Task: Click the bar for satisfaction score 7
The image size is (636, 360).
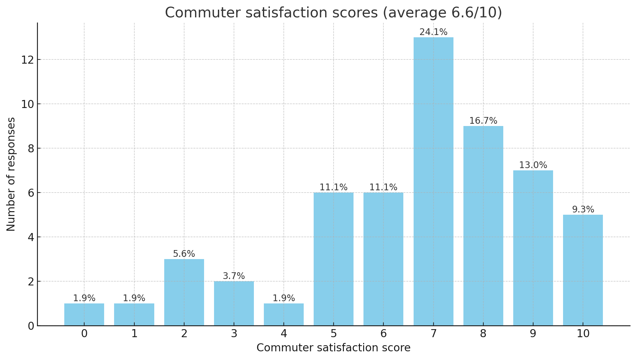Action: click(x=433, y=182)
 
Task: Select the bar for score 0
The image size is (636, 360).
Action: click(x=84, y=315)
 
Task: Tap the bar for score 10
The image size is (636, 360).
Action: click(x=583, y=270)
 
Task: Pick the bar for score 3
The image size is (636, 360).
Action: click(x=234, y=304)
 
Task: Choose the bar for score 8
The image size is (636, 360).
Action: click(x=483, y=226)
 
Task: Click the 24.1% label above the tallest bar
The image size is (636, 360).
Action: click(x=433, y=32)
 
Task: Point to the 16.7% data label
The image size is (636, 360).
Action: click(x=483, y=121)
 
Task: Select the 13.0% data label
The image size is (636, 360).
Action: click(x=533, y=165)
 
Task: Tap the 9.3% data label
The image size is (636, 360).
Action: click(x=583, y=210)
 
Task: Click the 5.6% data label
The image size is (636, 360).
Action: click(x=184, y=254)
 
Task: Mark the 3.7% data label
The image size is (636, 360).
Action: click(x=234, y=276)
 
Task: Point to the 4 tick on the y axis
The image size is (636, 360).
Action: click(x=31, y=237)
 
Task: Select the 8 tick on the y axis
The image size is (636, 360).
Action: click(x=31, y=148)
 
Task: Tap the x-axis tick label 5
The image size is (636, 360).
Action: click(x=334, y=334)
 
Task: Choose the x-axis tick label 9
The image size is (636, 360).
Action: click(x=533, y=334)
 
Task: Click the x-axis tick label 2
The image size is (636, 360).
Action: click(x=184, y=334)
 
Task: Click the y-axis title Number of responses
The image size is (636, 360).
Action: click(x=11, y=174)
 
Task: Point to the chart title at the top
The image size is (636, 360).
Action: click(x=334, y=13)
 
